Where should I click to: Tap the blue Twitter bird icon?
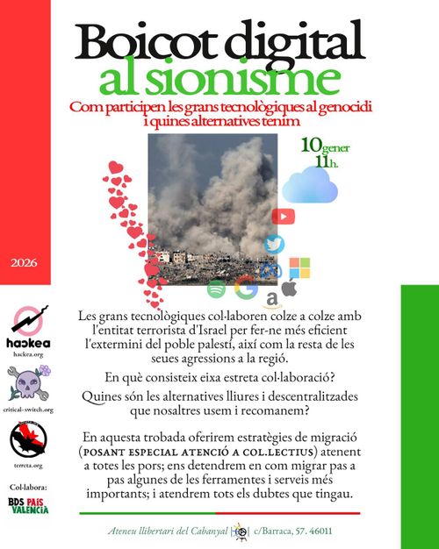point(276,245)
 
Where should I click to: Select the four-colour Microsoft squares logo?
point(300,268)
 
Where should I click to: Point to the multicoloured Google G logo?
point(246,287)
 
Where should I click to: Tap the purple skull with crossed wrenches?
point(26,384)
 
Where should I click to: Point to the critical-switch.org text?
point(28,410)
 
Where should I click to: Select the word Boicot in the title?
point(151,42)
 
